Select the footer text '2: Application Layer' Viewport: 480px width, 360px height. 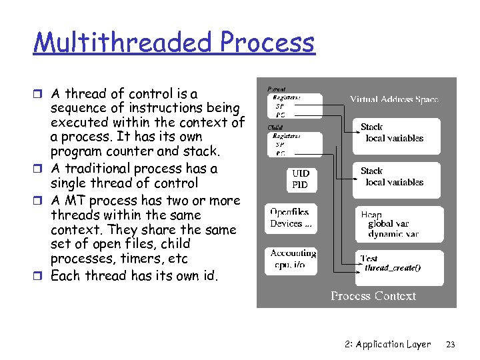(x=388, y=344)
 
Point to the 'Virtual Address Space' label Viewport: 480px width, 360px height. (x=395, y=99)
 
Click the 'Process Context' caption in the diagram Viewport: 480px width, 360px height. (x=373, y=296)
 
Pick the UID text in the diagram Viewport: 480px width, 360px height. (x=301, y=173)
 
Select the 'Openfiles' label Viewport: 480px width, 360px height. (x=289, y=213)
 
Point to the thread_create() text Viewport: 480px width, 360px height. (x=393, y=268)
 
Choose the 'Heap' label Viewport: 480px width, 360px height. (x=371, y=215)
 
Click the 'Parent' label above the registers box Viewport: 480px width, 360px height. (x=277, y=88)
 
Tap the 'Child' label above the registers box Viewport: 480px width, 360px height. (x=275, y=127)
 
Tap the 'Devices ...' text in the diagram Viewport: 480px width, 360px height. (x=291, y=223)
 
